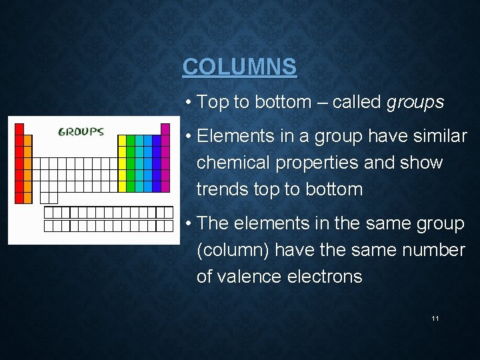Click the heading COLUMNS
[239, 67]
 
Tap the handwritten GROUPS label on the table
[81, 131]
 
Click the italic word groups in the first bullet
[415, 102]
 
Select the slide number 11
[435, 319]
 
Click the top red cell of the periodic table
[19, 129]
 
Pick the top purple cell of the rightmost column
[165, 129]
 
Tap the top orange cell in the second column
[27, 140]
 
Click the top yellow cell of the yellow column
[122, 140]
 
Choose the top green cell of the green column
[131, 140]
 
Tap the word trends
[223, 189]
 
